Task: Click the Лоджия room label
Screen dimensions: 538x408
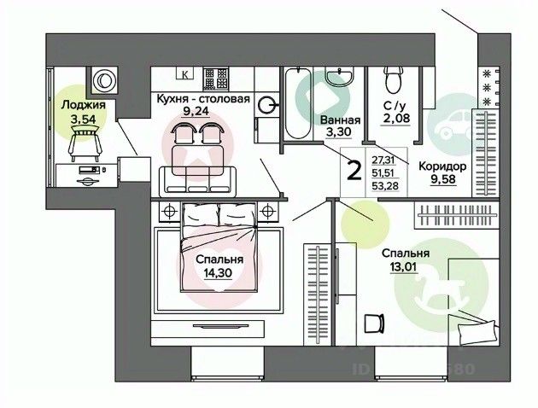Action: [x=84, y=105]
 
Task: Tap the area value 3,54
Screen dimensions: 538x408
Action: [x=84, y=119]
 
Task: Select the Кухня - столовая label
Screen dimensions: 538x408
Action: [x=202, y=98]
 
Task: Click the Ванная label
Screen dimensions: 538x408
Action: [x=340, y=120]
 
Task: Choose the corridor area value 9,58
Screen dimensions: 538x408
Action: [x=443, y=181]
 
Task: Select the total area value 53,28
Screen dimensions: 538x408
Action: [x=383, y=188]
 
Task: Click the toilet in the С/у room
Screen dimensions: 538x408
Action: [x=394, y=79]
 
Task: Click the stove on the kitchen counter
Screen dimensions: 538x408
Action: [x=214, y=74]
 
